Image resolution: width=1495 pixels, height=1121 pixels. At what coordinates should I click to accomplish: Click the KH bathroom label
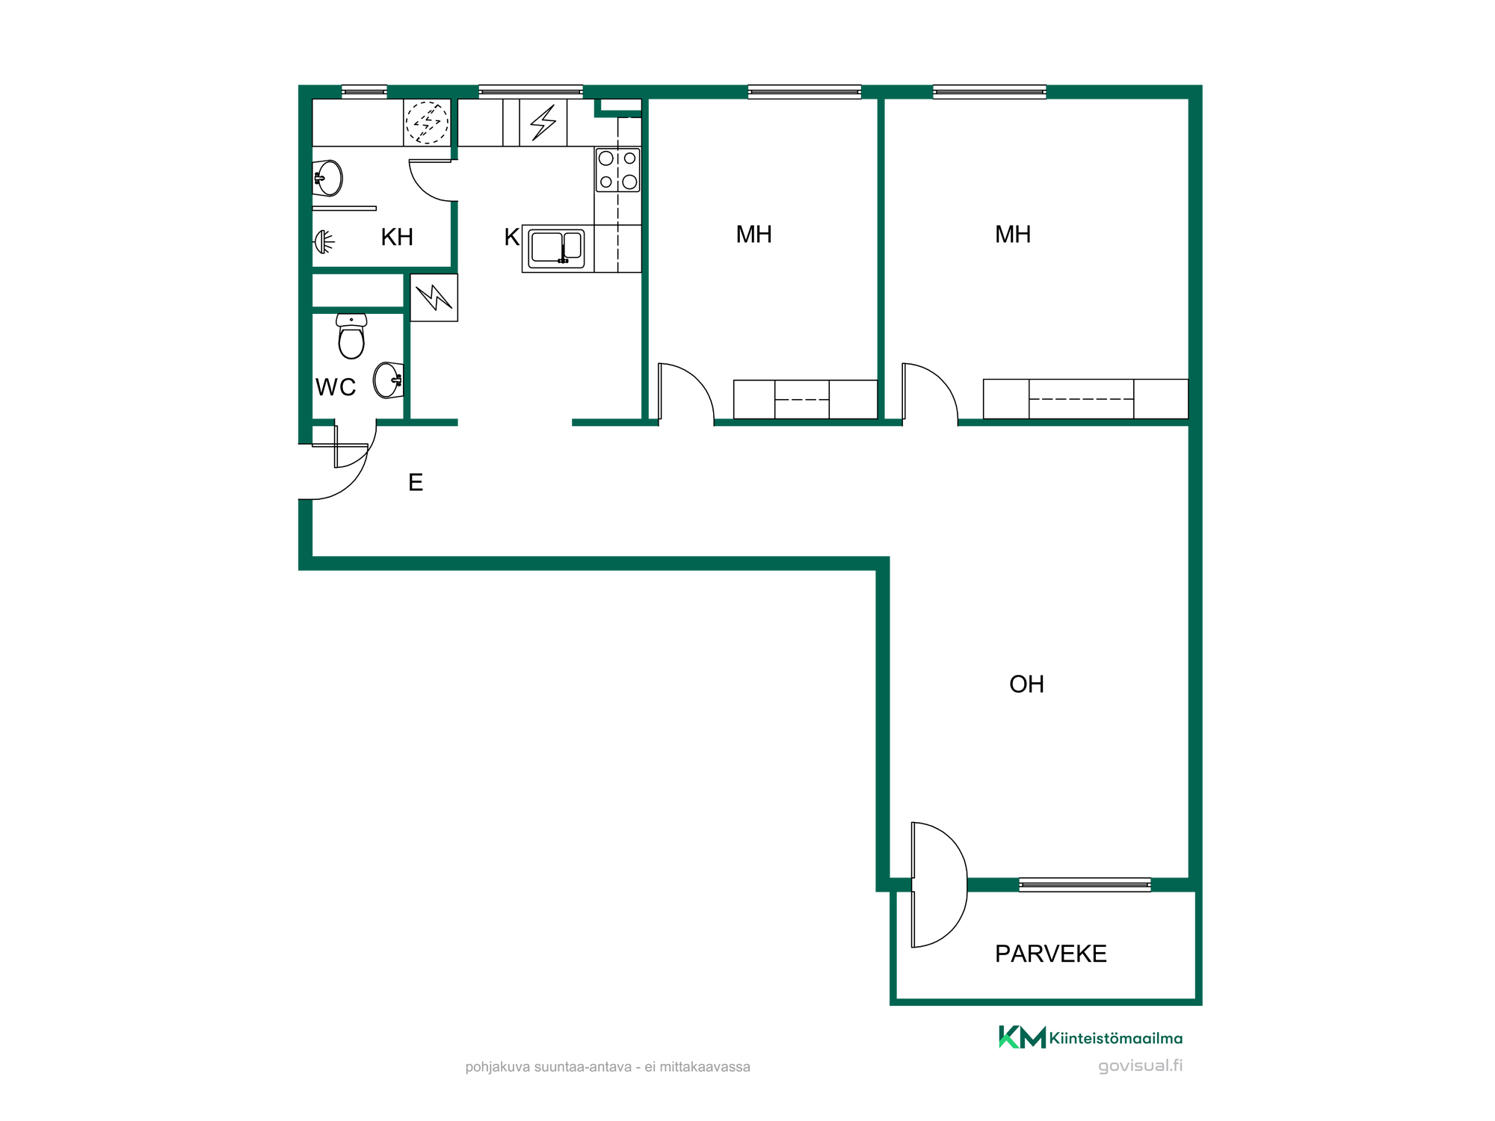click(397, 237)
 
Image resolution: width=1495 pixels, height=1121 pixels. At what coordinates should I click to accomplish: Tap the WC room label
click(336, 387)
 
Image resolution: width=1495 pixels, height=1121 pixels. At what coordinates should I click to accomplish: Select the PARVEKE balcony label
click(1050, 954)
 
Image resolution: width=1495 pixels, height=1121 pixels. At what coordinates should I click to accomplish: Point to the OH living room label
click(1026, 684)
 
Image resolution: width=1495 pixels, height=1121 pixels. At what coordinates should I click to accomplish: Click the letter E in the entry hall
click(416, 482)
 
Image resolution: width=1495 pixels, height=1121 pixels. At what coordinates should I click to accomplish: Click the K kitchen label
click(511, 237)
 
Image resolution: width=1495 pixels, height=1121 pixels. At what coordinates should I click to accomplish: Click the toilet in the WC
click(351, 336)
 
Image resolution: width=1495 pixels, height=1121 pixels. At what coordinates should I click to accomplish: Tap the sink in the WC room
click(389, 380)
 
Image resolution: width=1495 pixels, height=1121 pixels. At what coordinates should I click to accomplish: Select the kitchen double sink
click(556, 248)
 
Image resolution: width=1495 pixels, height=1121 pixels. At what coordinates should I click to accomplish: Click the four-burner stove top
click(617, 170)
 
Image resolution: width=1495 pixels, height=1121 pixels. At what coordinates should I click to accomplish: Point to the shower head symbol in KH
click(324, 241)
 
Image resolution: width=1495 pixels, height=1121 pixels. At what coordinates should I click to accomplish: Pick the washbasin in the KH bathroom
click(327, 178)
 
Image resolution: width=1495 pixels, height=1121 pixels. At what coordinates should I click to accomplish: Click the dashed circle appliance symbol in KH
click(427, 122)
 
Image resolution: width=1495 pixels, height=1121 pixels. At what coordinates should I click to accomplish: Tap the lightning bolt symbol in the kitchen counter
click(543, 123)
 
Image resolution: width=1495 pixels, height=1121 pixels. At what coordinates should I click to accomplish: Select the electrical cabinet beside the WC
click(434, 297)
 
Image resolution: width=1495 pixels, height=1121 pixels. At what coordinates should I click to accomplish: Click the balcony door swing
click(940, 885)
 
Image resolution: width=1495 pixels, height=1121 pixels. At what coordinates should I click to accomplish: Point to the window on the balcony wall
click(1085, 885)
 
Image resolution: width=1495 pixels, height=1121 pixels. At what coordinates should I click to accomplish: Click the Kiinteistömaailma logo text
click(1115, 1038)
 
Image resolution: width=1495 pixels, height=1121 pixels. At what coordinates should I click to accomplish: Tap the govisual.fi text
click(1140, 1066)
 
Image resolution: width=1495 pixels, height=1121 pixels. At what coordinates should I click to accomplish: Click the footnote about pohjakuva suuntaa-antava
click(608, 1067)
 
